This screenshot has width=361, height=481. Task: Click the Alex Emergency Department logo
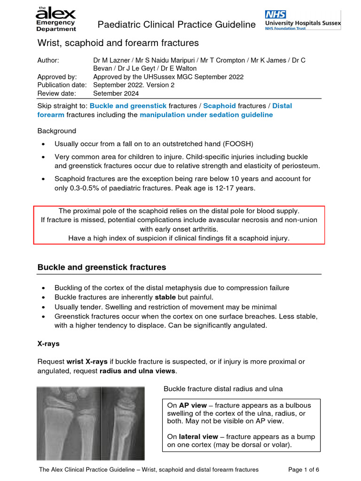click(55, 19)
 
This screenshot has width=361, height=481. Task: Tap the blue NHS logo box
click(275, 14)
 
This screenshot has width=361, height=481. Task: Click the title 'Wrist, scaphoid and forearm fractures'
click(118, 43)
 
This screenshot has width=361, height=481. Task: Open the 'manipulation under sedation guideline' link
click(206, 115)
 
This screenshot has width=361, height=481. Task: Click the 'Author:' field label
click(48, 61)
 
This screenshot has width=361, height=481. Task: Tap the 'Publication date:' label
click(62, 85)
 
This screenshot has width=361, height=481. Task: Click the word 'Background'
click(56, 131)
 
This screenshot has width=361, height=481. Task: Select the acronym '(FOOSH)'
click(240, 144)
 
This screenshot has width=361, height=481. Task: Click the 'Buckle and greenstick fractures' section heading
click(102, 267)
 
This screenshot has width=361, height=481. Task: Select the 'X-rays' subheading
click(48, 343)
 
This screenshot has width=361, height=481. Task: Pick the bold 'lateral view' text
click(192, 436)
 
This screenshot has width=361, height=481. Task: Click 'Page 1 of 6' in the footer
click(303, 469)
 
